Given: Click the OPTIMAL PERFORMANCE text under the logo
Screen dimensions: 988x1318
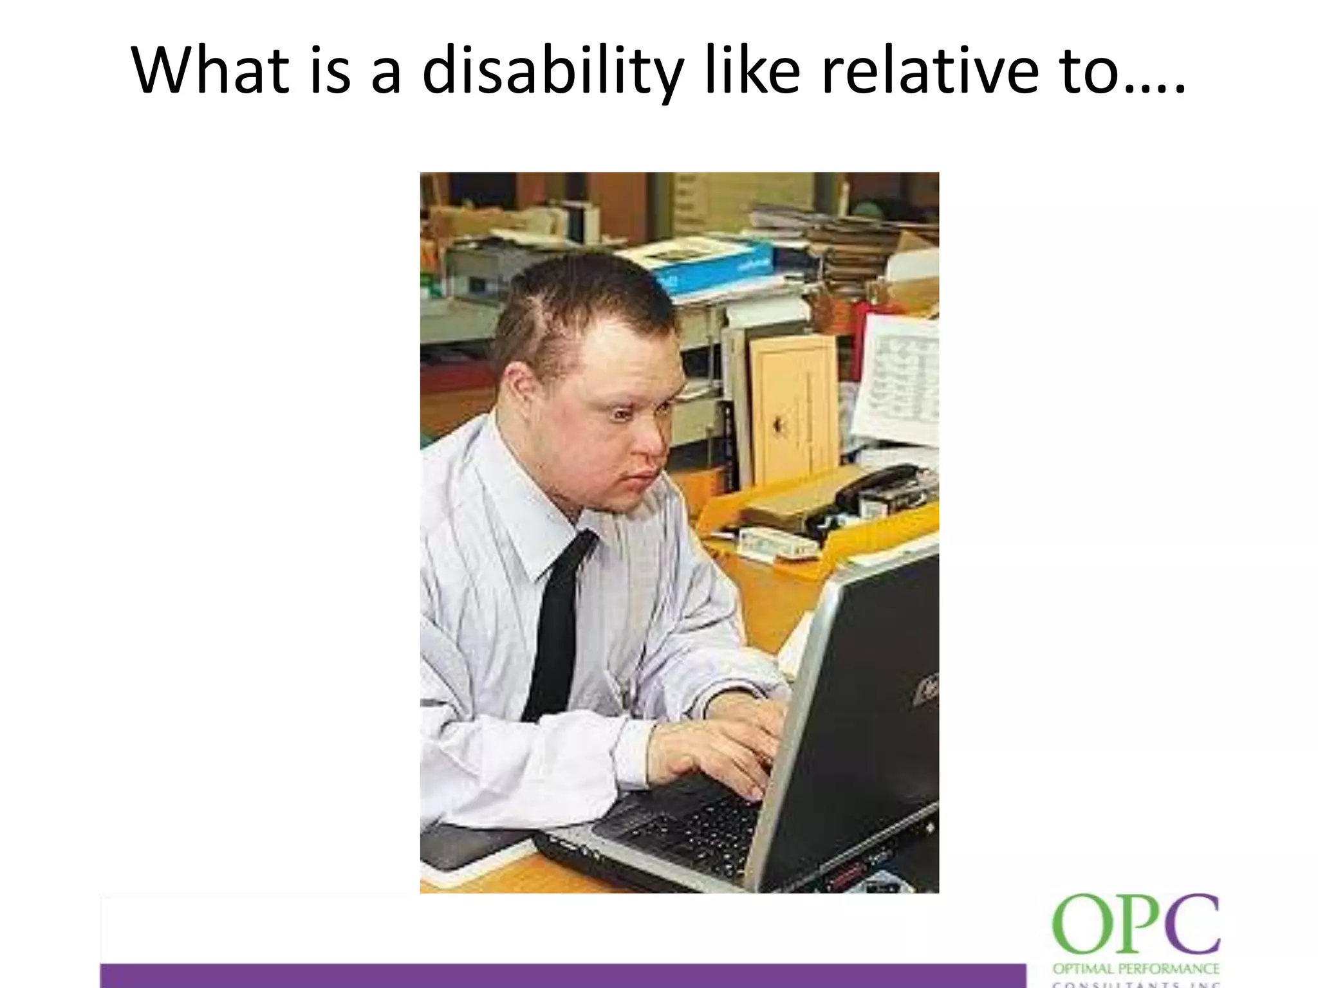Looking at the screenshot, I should (1136, 969).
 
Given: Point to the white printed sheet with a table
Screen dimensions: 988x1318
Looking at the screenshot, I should (898, 380).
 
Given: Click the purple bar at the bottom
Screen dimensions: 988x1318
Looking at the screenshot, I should (560, 974).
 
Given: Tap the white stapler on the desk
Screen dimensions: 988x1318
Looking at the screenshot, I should (775, 544).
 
